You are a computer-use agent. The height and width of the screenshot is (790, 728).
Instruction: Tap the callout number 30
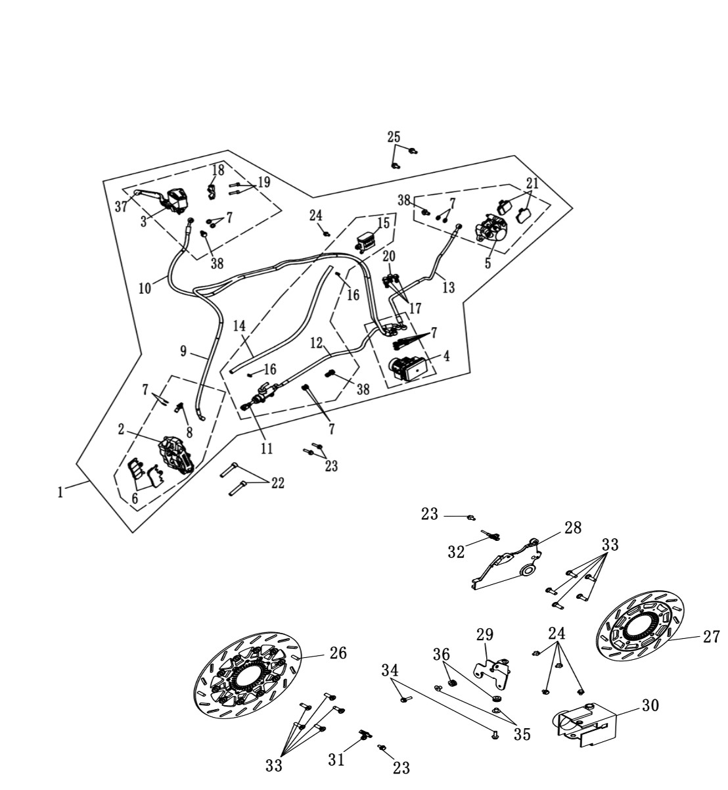point(650,705)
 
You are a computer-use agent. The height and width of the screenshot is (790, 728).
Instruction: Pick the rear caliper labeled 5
point(489,228)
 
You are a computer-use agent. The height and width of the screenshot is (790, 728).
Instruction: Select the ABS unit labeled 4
point(409,367)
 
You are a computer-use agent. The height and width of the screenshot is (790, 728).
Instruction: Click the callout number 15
point(384,223)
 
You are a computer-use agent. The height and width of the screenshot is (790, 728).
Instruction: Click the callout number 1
point(60,493)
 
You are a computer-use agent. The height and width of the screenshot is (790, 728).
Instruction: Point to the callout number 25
point(394,137)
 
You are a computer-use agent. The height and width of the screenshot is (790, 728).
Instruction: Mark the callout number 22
point(278,483)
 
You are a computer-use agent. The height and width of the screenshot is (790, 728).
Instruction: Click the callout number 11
point(267,449)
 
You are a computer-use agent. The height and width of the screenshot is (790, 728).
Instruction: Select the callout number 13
point(448,287)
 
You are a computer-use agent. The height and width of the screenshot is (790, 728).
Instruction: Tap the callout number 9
point(183,351)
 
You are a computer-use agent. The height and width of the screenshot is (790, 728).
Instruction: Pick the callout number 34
point(390,670)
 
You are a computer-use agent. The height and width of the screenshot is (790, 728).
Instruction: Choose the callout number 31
point(336,760)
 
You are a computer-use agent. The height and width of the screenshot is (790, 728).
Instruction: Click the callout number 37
point(121,206)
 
